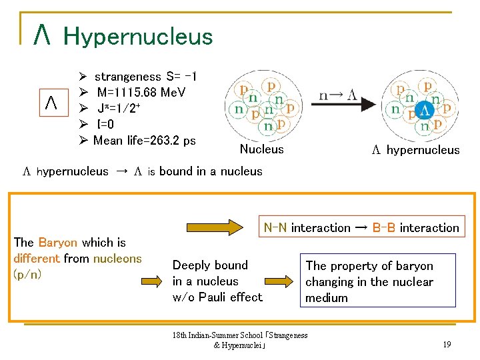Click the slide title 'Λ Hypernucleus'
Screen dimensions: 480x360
[124, 36]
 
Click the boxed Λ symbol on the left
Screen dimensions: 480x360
[51, 103]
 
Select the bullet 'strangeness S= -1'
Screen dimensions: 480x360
[145, 77]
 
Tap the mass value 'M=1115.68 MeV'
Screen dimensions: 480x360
[141, 92]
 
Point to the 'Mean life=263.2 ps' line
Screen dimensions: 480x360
[144, 140]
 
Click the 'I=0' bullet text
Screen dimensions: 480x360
[105, 124]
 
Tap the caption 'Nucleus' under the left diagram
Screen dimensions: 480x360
[261, 149]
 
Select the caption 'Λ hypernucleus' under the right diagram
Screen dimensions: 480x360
[415, 150]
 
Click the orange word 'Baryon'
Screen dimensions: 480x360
[58, 243]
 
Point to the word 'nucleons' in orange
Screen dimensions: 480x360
[117, 258]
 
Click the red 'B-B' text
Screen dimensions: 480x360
[384, 228]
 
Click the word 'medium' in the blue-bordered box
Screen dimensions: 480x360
[327, 297]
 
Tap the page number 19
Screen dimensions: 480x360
[447, 344]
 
